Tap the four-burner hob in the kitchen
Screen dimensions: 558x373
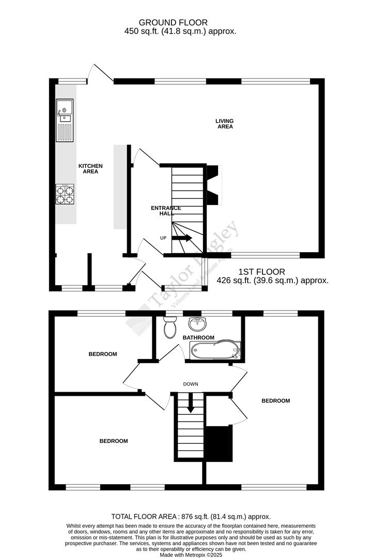65,194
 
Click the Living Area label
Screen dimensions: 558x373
225,123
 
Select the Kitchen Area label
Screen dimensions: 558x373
90,168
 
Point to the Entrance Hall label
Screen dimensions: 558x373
165,211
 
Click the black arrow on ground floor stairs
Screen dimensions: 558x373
182,238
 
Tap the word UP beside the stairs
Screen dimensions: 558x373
163,238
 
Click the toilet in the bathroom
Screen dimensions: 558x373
169,327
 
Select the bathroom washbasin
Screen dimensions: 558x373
197,324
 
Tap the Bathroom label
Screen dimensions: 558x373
198,338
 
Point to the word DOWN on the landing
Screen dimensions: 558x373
191,384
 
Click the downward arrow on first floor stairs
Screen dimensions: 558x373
191,403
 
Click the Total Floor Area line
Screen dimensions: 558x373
191,516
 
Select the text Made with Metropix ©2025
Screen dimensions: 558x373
191,554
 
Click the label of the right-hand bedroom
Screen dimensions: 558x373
275,400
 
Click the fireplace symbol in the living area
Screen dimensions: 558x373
213,184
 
